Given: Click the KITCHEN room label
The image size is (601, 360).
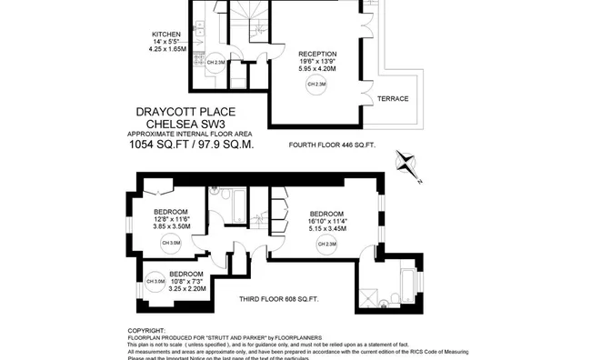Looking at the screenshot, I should [x=167, y=35].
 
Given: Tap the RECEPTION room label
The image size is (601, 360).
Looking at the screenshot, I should [x=317, y=53].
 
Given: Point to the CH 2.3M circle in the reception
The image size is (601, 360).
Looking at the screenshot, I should [x=316, y=85].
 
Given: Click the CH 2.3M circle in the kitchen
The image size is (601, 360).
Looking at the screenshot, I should [x=215, y=63].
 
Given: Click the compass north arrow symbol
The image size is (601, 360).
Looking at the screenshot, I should [x=406, y=165].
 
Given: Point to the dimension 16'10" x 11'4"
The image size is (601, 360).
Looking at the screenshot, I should [x=327, y=221].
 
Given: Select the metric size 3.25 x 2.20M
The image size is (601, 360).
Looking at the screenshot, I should [x=185, y=288].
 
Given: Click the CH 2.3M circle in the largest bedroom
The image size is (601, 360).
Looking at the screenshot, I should [x=326, y=244].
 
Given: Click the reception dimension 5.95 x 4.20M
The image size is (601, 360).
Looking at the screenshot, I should [x=317, y=68].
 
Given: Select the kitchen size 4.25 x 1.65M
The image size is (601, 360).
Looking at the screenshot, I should [x=168, y=50].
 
